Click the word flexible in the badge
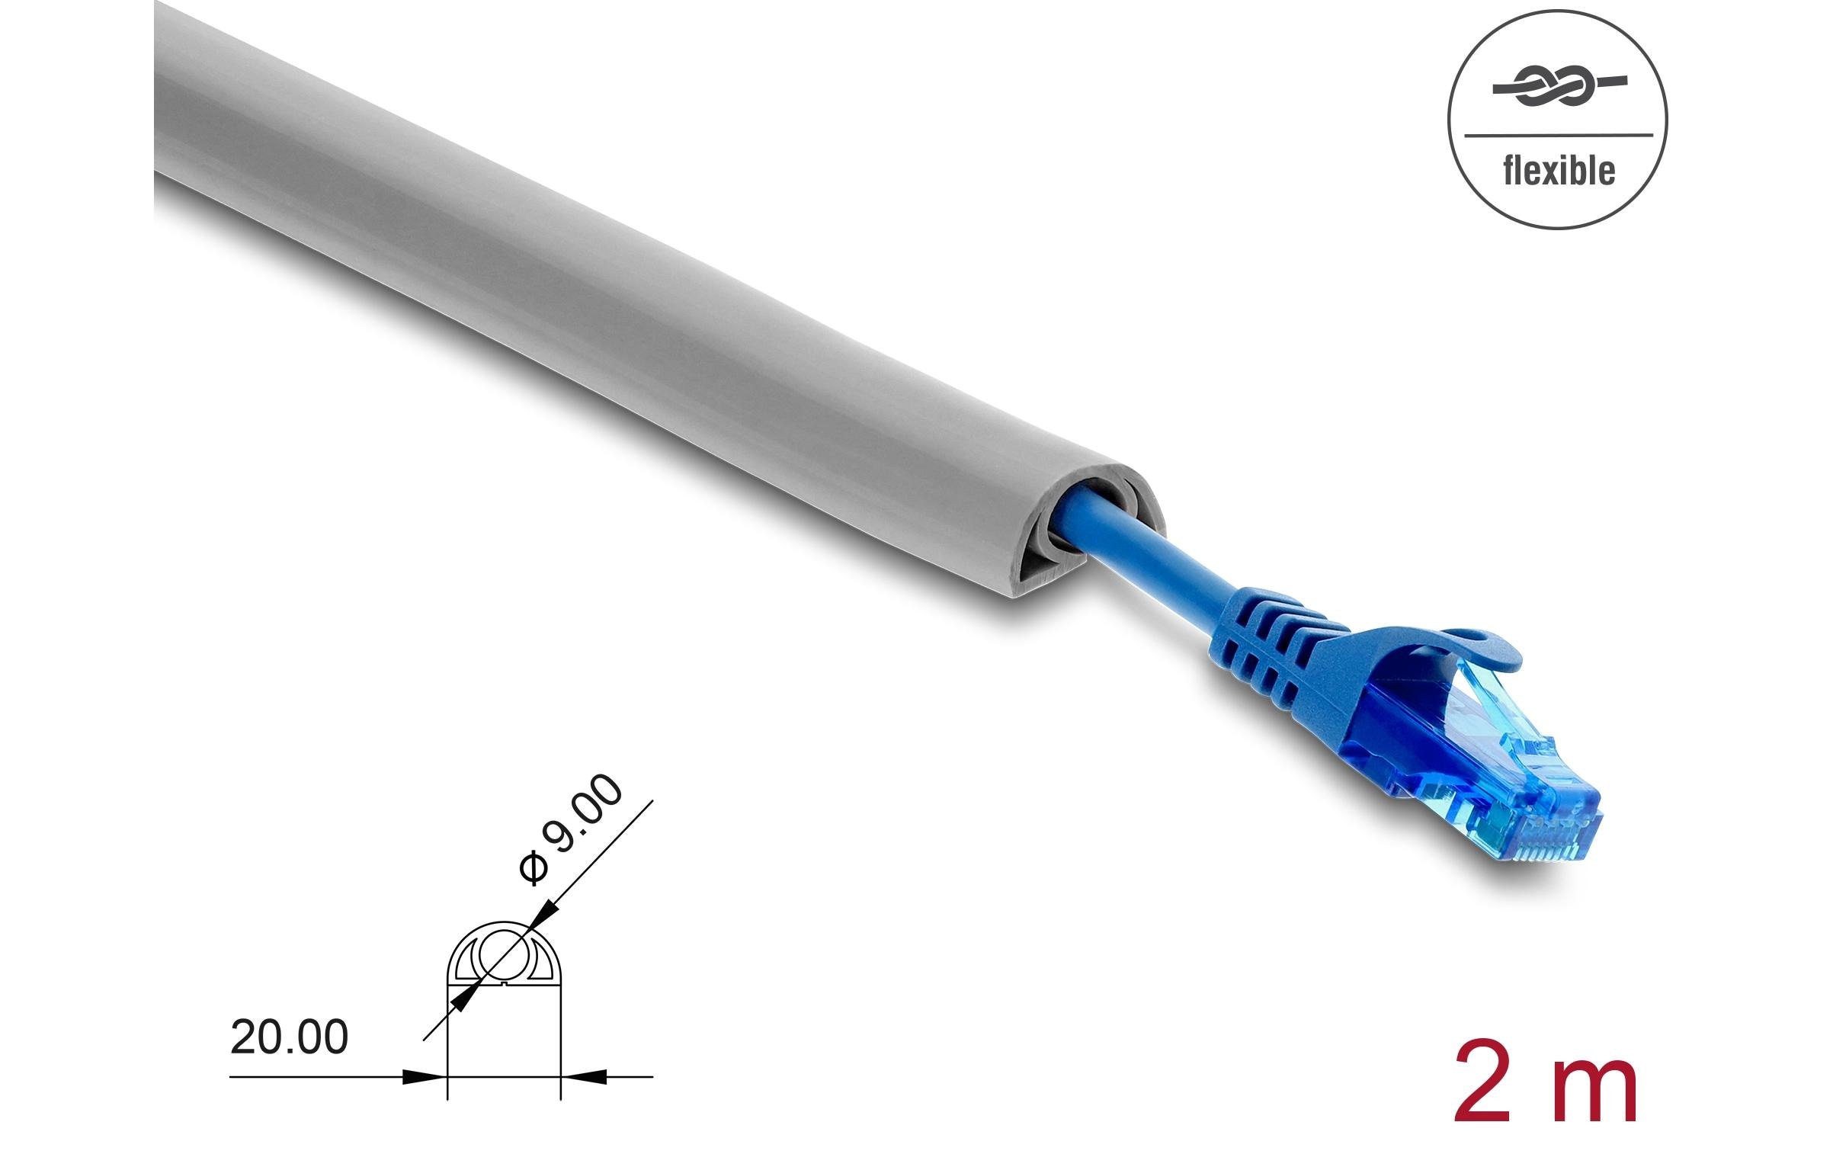tap(1558, 171)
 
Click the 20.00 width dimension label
tap(289, 1037)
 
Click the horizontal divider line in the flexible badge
tap(1558, 136)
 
